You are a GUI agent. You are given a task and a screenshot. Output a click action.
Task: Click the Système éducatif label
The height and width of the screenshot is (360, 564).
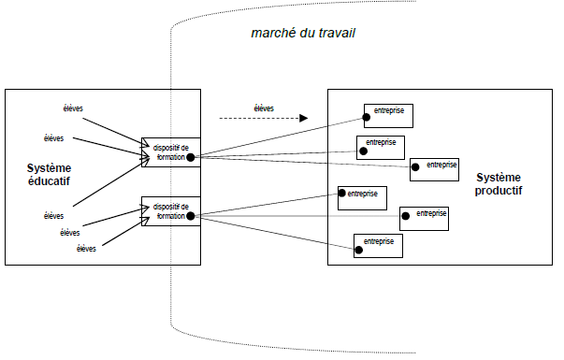pos(49,174)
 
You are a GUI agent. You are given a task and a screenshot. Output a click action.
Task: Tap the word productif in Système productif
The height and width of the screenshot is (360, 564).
pos(499,190)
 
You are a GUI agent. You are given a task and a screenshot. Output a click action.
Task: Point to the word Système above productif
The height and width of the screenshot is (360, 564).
pos(499,177)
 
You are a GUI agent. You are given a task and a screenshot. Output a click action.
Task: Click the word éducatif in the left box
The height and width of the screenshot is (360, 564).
pos(49,181)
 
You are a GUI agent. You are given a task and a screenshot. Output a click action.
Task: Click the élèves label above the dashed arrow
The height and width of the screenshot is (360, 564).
pos(264,108)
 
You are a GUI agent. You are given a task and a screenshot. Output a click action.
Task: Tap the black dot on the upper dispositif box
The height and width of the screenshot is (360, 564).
pos(190,158)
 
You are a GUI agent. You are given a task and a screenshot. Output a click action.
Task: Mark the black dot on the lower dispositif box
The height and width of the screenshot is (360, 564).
pos(190,217)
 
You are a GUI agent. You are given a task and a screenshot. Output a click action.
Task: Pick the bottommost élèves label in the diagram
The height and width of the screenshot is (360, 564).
pos(86,249)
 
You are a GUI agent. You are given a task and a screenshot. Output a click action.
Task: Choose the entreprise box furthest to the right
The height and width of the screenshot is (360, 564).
pos(435,168)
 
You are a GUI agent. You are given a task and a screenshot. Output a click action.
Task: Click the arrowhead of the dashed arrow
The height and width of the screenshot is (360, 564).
pos(303,119)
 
